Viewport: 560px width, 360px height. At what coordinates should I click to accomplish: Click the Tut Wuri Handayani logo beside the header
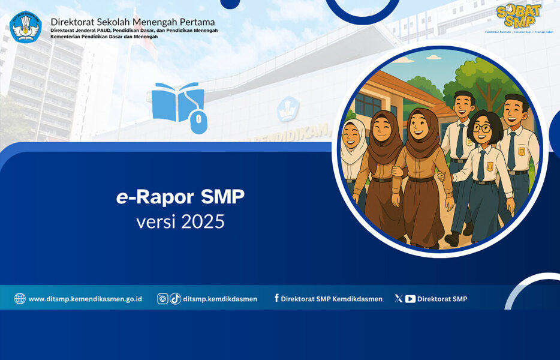[26, 27]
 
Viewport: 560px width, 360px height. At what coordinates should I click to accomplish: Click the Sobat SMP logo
[519, 16]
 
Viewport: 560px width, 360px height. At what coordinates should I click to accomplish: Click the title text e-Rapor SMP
[180, 196]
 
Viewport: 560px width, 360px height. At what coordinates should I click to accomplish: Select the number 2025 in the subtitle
[203, 221]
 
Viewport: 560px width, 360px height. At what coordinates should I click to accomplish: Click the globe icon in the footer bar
[20, 299]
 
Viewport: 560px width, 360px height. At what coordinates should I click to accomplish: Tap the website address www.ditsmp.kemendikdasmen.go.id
[85, 299]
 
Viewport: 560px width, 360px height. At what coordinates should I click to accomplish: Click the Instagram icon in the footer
[162, 299]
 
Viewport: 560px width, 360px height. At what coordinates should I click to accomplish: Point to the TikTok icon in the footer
[175, 299]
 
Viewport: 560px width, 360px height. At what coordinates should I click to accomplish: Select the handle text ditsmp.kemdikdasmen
[220, 299]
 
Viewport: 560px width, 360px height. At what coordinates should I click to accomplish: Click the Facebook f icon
[276, 298]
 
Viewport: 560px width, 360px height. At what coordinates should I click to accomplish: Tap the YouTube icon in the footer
[410, 299]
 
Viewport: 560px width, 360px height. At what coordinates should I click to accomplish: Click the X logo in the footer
[398, 298]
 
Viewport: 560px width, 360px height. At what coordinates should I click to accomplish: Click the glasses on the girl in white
[481, 128]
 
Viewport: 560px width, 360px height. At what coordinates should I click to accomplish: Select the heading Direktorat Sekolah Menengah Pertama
[133, 22]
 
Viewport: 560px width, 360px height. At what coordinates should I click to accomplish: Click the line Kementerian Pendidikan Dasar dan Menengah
[104, 37]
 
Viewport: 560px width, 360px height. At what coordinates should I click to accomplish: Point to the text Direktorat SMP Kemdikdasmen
[332, 299]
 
